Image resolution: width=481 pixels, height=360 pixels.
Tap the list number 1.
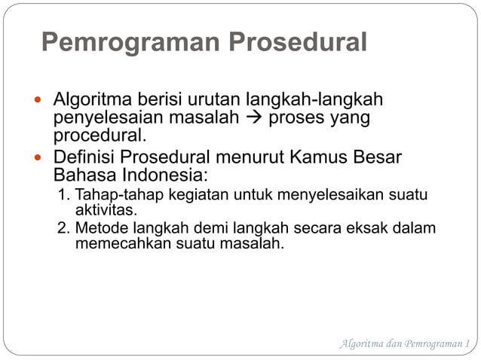[x=63, y=196]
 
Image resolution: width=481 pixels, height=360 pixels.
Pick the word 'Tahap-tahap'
[x=112, y=196]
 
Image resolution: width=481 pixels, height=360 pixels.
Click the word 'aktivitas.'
[x=106, y=209]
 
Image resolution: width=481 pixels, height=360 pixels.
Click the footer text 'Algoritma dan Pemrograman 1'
[x=404, y=344]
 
